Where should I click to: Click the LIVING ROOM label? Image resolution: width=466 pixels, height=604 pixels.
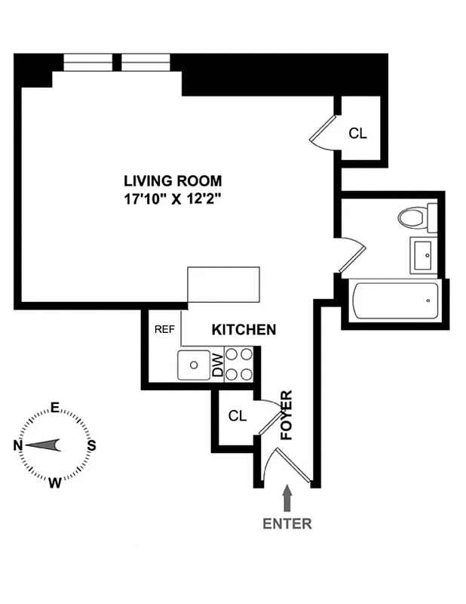(x=173, y=180)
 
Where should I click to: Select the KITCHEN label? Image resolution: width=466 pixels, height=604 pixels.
(x=244, y=330)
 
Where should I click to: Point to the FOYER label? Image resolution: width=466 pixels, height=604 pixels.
(x=287, y=415)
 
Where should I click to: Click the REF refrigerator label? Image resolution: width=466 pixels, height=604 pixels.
(x=164, y=330)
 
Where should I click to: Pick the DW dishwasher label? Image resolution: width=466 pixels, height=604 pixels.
(x=217, y=365)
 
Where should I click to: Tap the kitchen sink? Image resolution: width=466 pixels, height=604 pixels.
(x=195, y=365)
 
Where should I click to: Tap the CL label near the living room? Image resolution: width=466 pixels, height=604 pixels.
(x=357, y=134)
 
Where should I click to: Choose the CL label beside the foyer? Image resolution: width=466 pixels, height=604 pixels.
(x=238, y=416)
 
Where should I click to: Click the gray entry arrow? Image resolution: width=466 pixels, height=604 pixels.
(x=287, y=499)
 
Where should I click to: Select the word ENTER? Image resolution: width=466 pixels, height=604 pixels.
(x=287, y=523)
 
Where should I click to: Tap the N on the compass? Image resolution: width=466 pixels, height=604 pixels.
(x=18, y=445)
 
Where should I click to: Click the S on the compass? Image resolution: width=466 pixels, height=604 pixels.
(x=91, y=445)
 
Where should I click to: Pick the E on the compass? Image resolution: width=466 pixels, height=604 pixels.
(x=55, y=408)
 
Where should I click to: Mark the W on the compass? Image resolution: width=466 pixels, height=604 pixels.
(x=55, y=483)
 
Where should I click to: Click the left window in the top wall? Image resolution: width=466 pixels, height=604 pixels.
(x=87, y=61)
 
